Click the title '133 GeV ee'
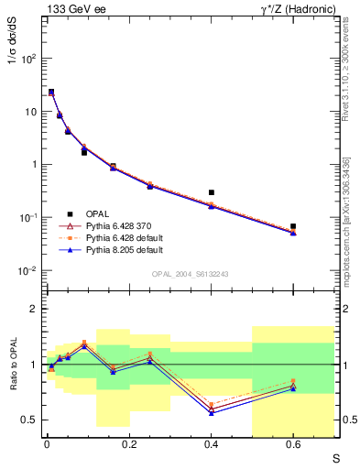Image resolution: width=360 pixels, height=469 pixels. point(74,8)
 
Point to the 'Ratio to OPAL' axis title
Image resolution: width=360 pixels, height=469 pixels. point(12,365)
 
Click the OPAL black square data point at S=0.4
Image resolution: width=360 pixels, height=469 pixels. point(212,192)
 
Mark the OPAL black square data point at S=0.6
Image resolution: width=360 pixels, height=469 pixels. point(293,225)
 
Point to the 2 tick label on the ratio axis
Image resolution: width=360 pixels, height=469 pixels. point(35,310)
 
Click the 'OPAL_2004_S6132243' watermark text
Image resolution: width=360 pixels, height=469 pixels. point(191,274)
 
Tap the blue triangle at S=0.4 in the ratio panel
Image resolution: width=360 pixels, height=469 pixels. point(212,413)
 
